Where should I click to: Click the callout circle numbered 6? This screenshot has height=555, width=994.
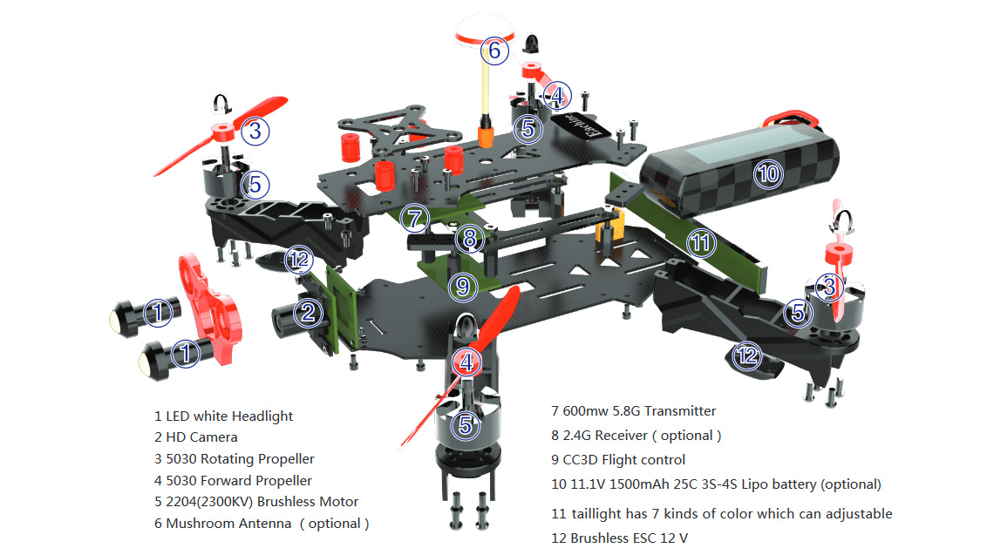pyautogui.click(x=494, y=51)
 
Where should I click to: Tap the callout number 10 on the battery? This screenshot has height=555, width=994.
pyautogui.click(x=767, y=173)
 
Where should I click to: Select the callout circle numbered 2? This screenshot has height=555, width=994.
pyautogui.click(x=308, y=312)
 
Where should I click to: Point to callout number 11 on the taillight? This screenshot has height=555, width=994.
pyautogui.click(x=700, y=243)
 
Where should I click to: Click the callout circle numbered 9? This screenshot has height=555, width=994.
pyautogui.click(x=463, y=285)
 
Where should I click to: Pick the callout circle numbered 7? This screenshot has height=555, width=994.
pyautogui.click(x=416, y=217)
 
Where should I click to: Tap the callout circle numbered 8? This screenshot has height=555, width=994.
pyautogui.click(x=470, y=236)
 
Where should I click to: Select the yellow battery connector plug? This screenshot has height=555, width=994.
pyautogui.click(x=608, y=228)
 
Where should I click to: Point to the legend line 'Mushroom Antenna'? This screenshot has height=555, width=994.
pyautogui.click(x=261, y=524)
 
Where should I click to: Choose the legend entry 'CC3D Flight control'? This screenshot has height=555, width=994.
pyautogui.click(x=618, y=459)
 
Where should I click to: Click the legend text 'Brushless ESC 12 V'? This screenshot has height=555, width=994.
pyautogui.click(x=619, y=538)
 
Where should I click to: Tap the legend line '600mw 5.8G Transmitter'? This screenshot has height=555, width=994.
pyautogui.click(x=633, y=410)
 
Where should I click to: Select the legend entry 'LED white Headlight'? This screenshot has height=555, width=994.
pyautogui.click(x=223, y=416)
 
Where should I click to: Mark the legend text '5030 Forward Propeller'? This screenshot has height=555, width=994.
pyautogui.click(x=232, y=480)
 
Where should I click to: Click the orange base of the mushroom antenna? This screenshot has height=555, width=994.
pyautogui.click(x=485, y=135)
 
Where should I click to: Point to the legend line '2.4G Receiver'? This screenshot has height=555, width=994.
pyautogui.click(x=636, y=435)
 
